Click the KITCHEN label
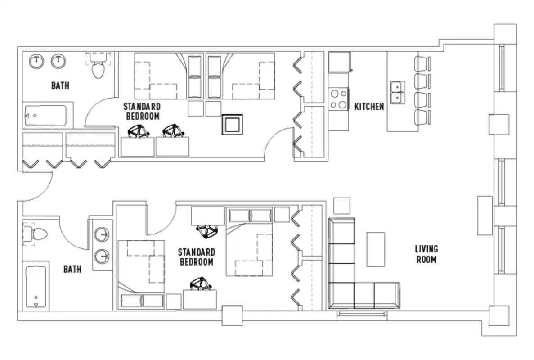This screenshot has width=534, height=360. tap(369, 107)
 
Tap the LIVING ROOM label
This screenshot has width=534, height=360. tap(426, 254)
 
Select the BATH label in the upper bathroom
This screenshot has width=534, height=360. tap(60, 85)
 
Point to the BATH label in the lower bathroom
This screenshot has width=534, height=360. tap(72, 269)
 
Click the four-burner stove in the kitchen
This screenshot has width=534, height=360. tap(338, 99)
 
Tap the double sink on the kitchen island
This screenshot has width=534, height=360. tap(397, 92)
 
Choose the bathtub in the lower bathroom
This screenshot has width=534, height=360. tap(36, 287)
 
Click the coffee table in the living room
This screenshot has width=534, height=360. tap(376, 249)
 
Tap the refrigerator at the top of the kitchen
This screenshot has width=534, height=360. tap(339, 62)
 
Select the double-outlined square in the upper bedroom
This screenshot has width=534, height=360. tap(232, 124)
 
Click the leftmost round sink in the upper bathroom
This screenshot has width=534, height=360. tap(36, 61)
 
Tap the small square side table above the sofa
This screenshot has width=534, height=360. tap(342, 206)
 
